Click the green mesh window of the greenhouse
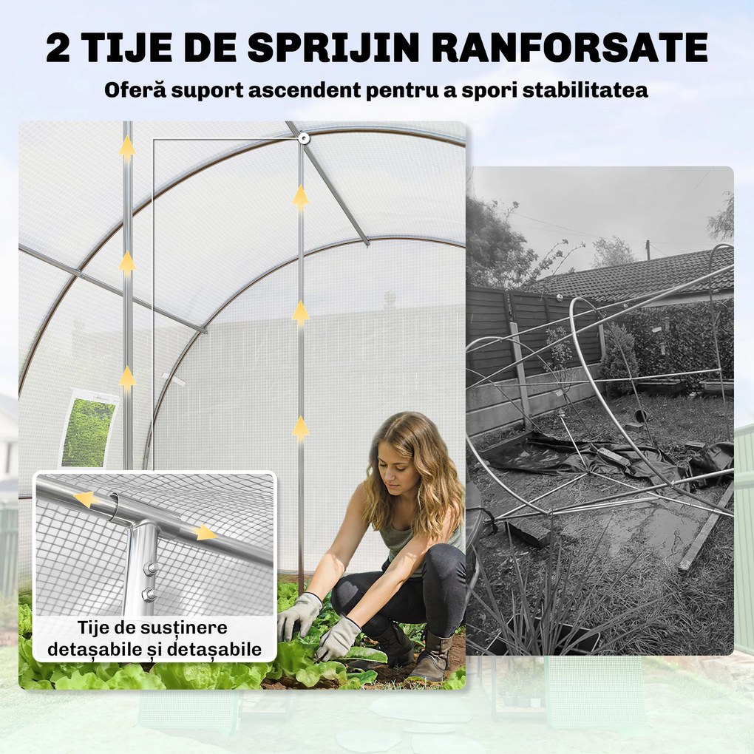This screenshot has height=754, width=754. click(x=88, y=432)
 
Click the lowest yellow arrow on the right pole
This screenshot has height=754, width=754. click(x=300, y=429)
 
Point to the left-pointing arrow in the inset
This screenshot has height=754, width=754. click(x=86, y=499)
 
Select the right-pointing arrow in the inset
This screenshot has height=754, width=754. click(x=206, y=533)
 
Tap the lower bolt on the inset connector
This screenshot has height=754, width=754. click(x=149, y=594)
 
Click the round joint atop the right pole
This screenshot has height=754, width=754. click(x=304, y=137)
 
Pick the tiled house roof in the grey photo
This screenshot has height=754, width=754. click(x=636, y=274)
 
